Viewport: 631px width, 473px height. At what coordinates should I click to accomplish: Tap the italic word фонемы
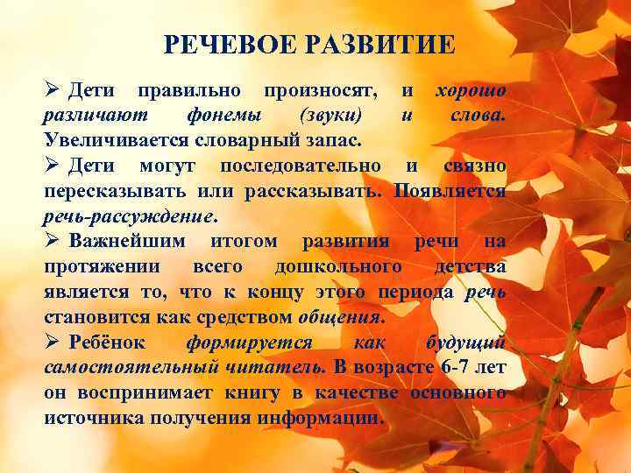[x=222, y=116]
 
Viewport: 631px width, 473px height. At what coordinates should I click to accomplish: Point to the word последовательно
[x=301, y=166]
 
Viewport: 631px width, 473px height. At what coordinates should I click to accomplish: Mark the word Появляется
[x=450, y=191]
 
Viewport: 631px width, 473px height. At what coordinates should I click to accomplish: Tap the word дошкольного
[x=338, y=267]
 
